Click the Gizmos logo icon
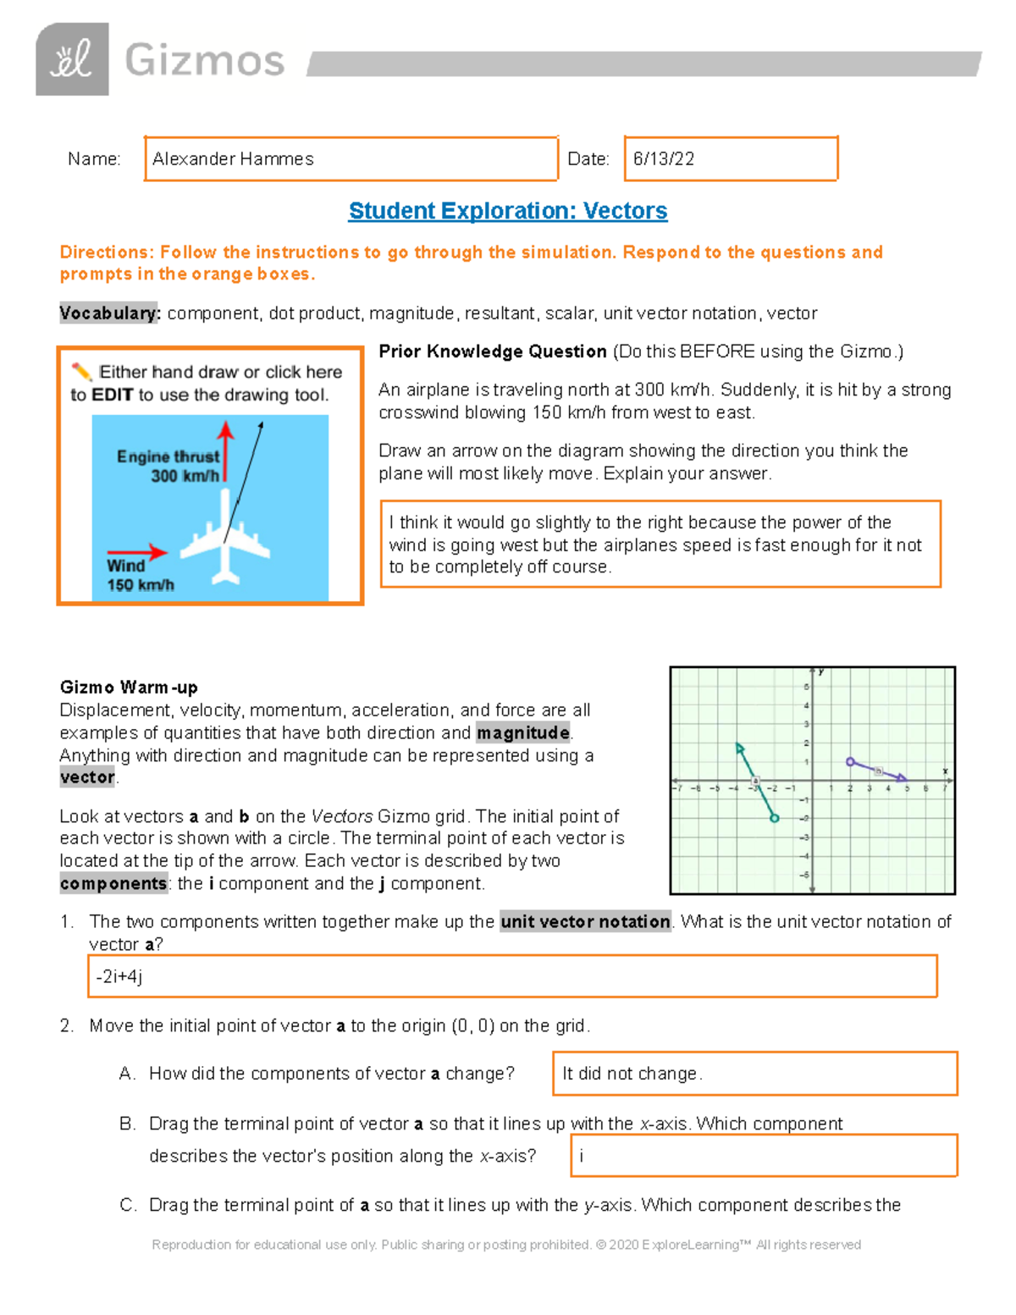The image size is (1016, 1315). [x=72, y=59]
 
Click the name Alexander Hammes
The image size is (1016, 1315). [x=233, y=159]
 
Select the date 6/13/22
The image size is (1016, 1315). [x=664, y=159]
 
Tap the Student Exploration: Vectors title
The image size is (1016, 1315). [x=508, y=211]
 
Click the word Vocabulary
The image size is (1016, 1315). [x=109, y=313]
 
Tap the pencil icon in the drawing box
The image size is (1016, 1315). [x=80, y=372]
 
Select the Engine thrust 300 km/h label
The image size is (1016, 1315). [x=168, y=466]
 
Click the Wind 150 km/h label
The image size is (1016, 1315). [x=140, y=575]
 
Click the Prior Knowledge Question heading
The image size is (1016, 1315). [x=492, y=351]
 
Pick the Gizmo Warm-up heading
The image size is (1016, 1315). [x=129, y=687]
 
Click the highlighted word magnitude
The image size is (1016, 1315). [x=522, y=732]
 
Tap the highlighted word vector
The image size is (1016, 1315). [x=87, y=777]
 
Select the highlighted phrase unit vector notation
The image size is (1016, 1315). [x=585, y=921]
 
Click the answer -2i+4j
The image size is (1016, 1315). [x=119, y=976]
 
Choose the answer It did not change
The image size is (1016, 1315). [x=632, y=1074]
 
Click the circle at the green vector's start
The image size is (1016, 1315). [x=774, y=818]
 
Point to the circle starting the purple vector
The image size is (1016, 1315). [x=850, y=762]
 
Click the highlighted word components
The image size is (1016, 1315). [x=113, y=884]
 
